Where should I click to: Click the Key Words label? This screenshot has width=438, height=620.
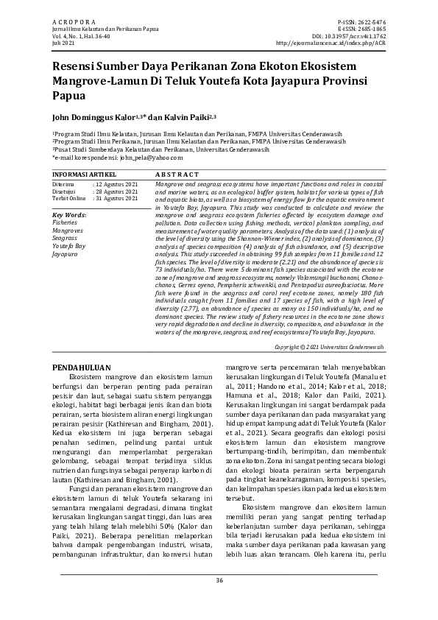point(69,214)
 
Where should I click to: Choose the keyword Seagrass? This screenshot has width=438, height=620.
point(65,238)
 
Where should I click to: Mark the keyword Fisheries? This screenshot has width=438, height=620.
point(65,222)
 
